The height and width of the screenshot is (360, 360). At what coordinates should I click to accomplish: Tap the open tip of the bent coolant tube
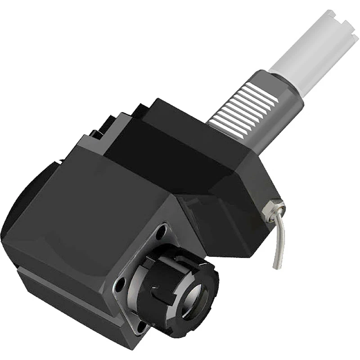(276, 267)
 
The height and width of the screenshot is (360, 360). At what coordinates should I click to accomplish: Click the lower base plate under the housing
(67, 292)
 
